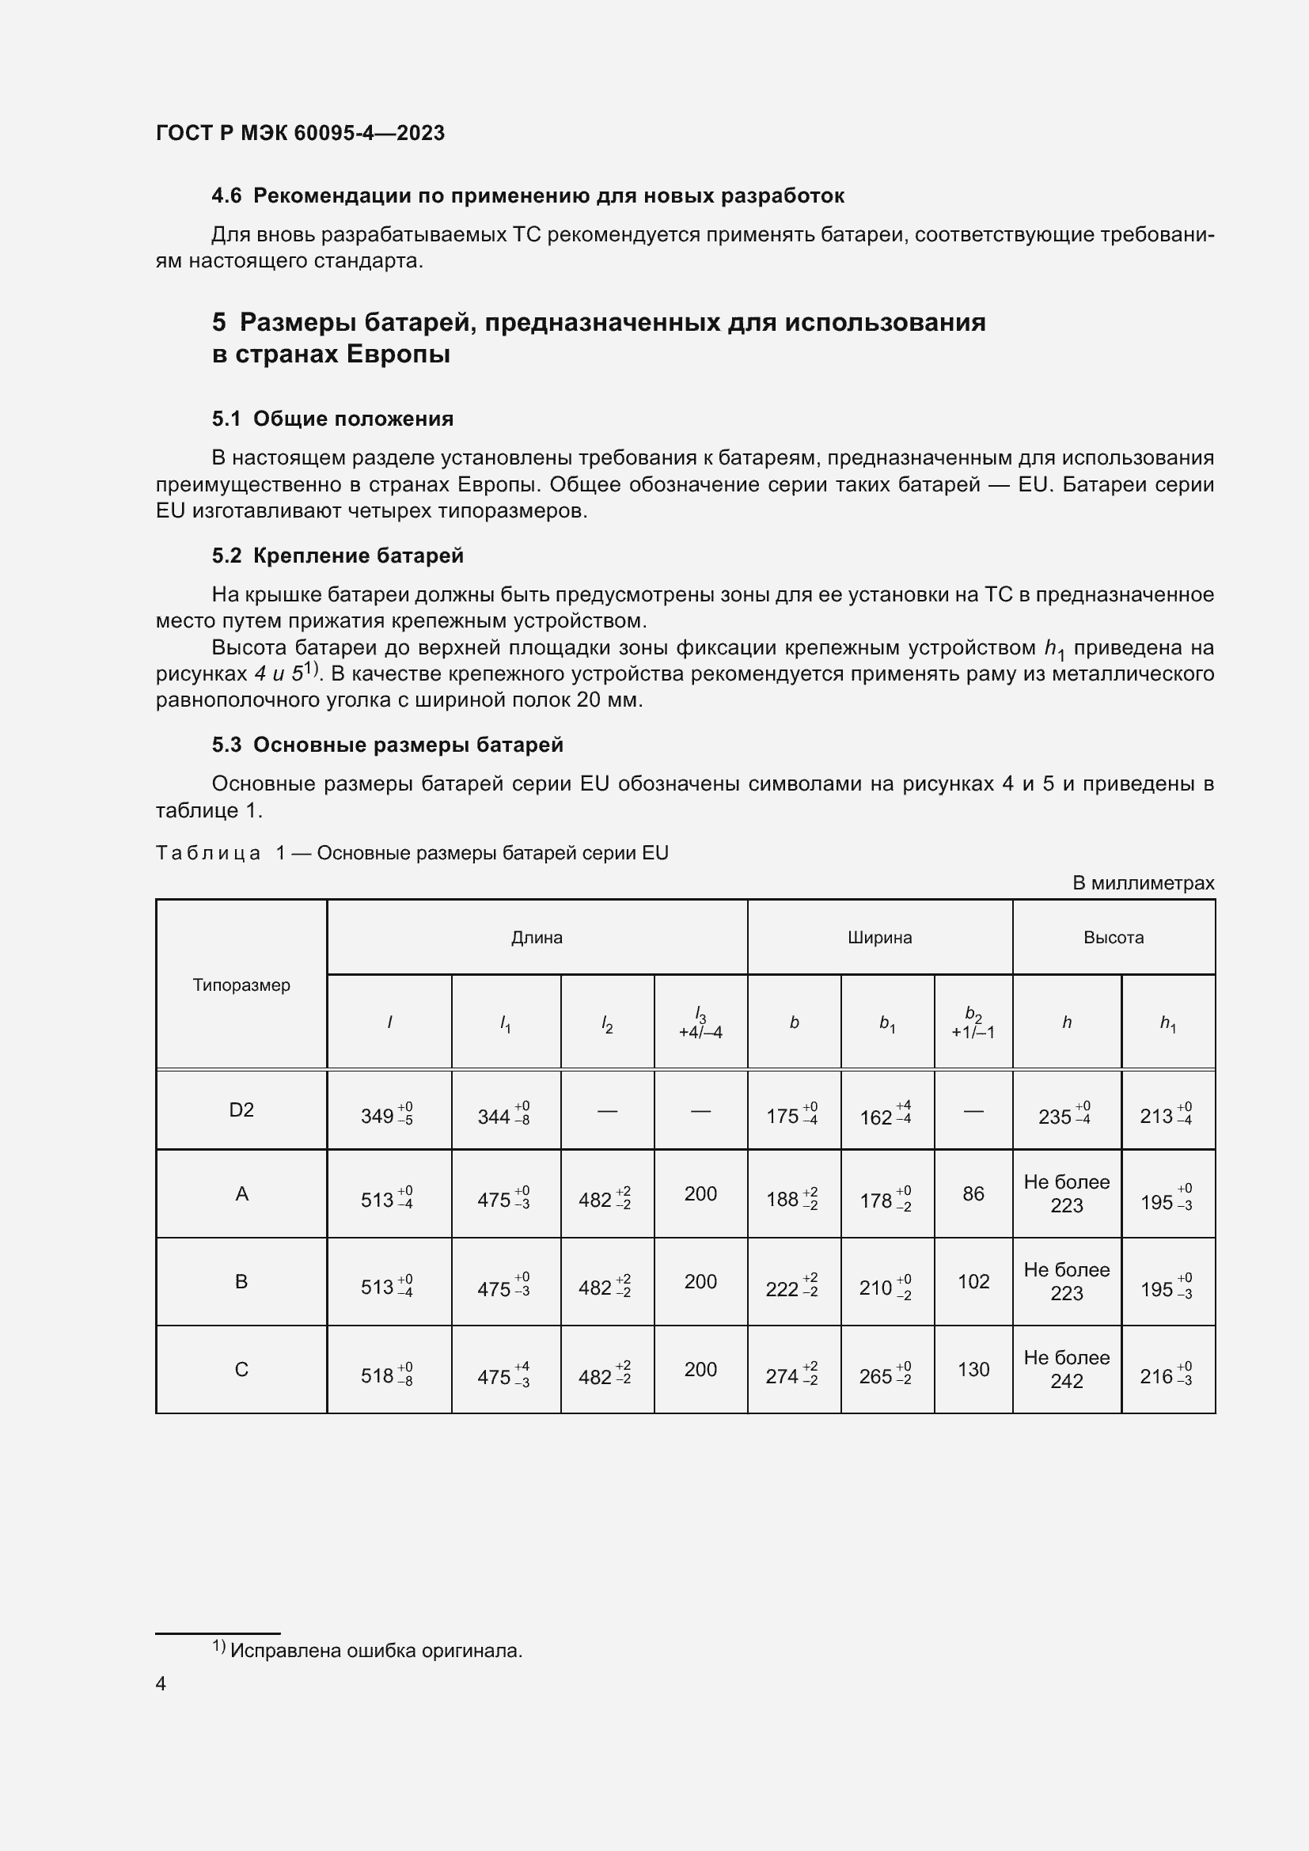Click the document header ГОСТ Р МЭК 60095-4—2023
coord(300,133)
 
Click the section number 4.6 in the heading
coord(226,196)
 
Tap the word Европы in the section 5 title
coord(397,354)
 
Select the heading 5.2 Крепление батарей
coord(338,556)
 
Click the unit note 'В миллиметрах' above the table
coord(1142,883)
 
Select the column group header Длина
coord(537,938)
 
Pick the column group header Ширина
coord(879,938)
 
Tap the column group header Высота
coord(1114,938)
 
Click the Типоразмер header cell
coord(241,985)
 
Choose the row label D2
coord(241,1110)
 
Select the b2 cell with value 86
coord(973,1194)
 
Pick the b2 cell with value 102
coord(973,1282)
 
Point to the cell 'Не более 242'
coord(1066,1370)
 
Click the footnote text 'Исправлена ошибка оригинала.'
coord(376,1650)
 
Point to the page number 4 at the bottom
coord(161,1683)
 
